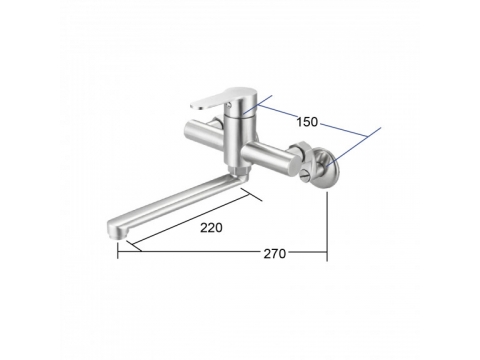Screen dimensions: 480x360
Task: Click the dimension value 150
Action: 307,122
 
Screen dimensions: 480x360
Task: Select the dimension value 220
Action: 211,228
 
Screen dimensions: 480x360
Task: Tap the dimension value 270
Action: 275,254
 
